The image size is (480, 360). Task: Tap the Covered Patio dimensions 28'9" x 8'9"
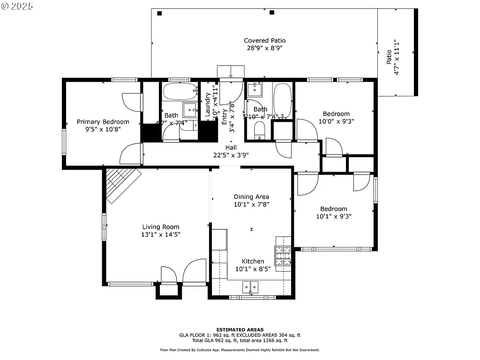click(x=264, y=48)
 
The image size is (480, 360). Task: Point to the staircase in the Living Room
click(x=123, y=185)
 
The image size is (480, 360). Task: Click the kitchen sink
click(x=251, y=286)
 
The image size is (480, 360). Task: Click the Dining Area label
click(x=251, y=197)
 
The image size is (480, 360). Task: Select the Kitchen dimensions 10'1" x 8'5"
click(x=253, y=269)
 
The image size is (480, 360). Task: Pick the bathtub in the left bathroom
click(x=180, y=91)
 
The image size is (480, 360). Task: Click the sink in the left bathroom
click(x=190, y=110)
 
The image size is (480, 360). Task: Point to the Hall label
click(x=231, y=147)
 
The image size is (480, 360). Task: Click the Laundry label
click(x=208, y=105)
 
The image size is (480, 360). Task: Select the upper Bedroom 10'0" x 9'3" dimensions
click(x=336, y=121)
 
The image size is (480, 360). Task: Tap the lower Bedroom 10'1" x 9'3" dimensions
click(x=334, y=216)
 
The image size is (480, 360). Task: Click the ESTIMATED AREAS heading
click(x=240, y=330)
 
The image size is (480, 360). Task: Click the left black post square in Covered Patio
click(x=160, y=13)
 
